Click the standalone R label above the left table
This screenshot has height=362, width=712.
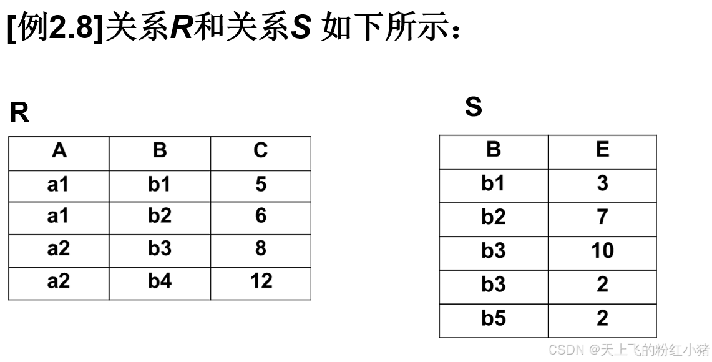coord(19,113)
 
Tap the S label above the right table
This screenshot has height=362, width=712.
coord(474,107)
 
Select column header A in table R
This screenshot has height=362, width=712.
coord(59,151)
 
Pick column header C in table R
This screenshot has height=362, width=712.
coord(261,151)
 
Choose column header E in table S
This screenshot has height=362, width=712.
coord(602,150)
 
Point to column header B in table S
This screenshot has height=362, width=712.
coord(494,150)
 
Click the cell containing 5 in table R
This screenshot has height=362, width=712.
coord(261,185)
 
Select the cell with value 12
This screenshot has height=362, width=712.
coord(261,281)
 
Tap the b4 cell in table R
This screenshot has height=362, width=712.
coord(160,281)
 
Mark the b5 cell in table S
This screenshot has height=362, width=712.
coord(494,319)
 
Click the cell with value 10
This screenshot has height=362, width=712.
coord(602,251)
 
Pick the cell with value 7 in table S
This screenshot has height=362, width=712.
coord(602,217)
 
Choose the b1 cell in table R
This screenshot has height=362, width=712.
coord(160,185)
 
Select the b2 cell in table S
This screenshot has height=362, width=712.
coord(494,217)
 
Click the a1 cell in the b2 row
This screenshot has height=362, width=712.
coord(59,217)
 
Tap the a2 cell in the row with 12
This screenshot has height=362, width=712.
coord(59,281)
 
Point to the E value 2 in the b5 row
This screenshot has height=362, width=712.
coord(602,319)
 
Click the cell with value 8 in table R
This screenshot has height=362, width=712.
coord(261,249)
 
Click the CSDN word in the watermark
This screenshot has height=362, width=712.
coord(565,350)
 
